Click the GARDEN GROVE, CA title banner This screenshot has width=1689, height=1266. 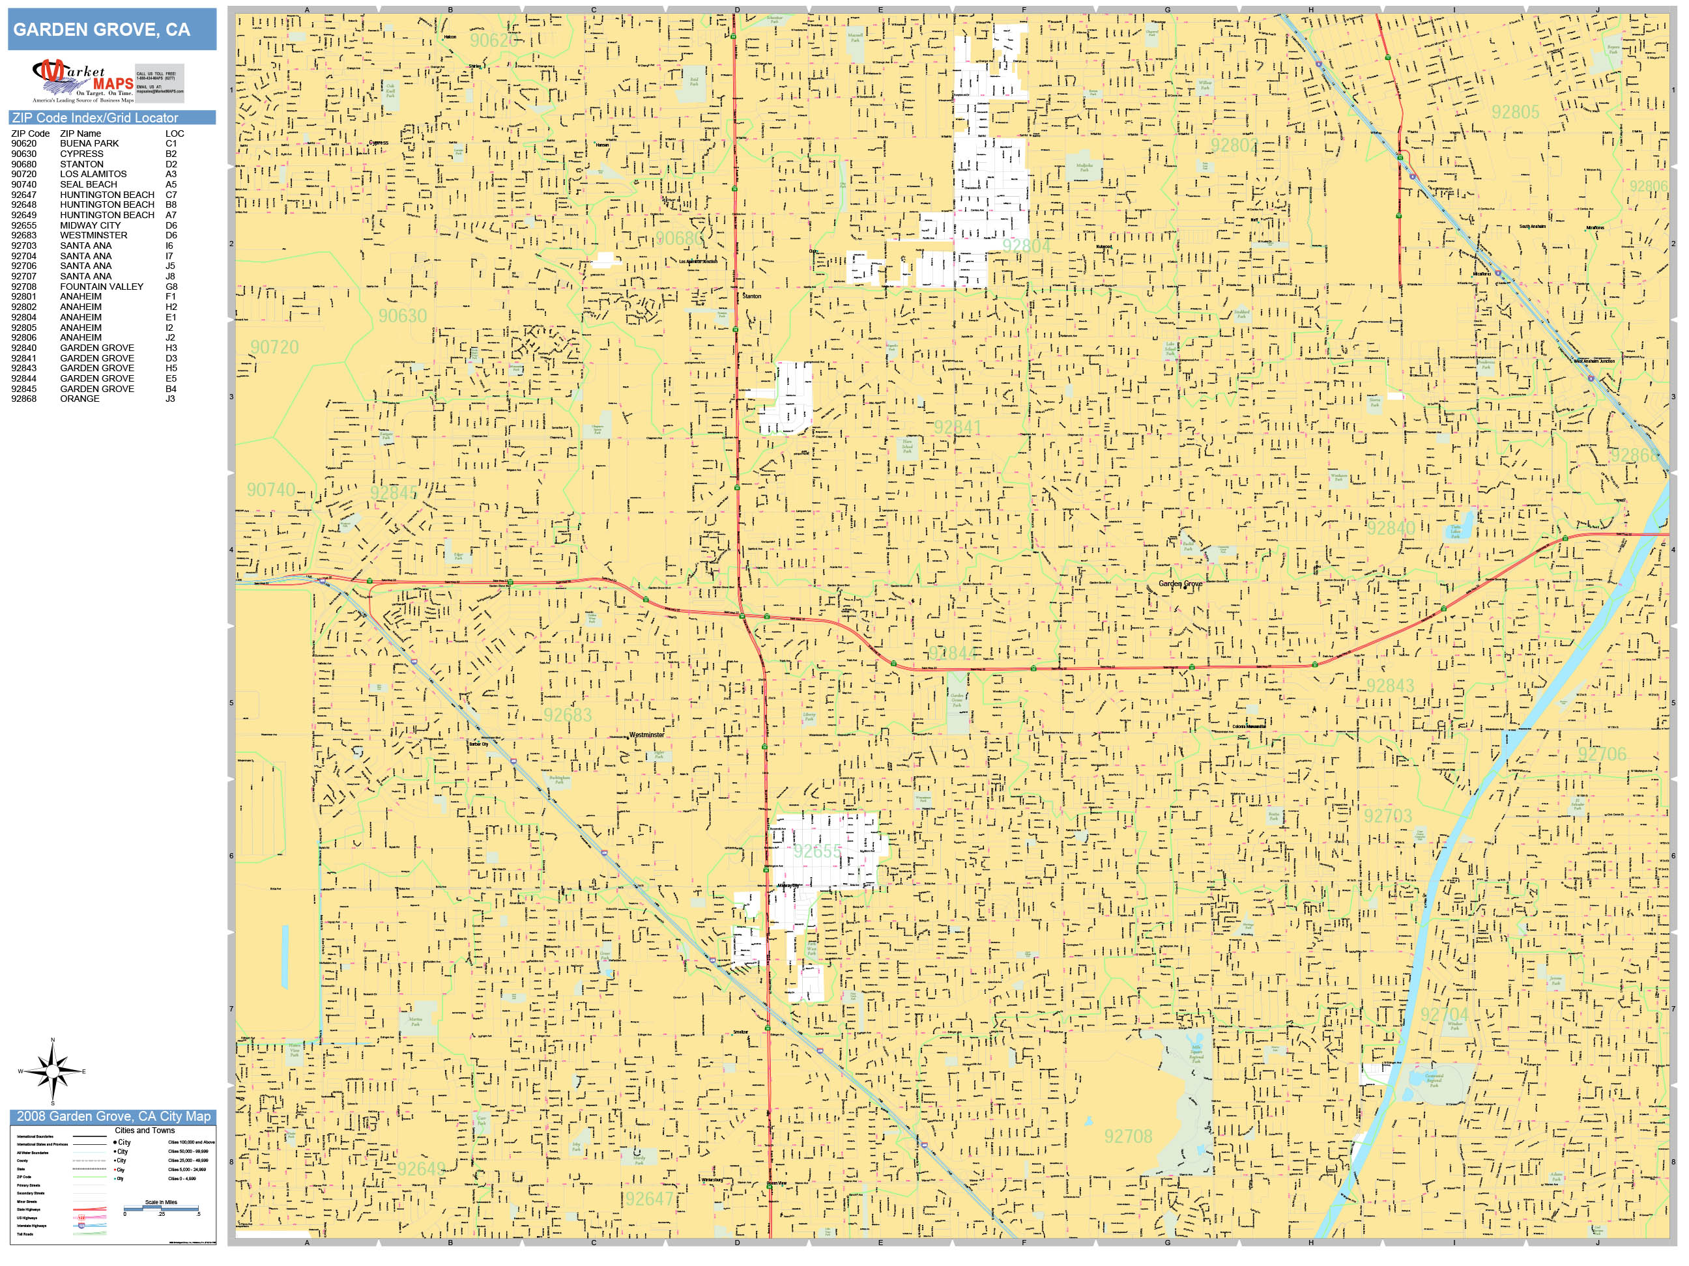tap(111, 30)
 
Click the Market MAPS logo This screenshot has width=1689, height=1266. tap(83, 81)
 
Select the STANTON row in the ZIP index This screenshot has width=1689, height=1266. tap(81, 164)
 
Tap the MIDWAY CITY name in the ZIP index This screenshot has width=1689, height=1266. tap(90, 225)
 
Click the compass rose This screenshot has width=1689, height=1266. tap(53, 1071)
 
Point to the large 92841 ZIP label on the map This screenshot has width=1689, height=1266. tap(957, 427)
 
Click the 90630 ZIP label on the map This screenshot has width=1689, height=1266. tap(403, 315)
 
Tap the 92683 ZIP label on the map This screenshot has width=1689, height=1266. tap(568, 714)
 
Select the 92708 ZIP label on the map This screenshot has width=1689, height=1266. tap(1128, 1136)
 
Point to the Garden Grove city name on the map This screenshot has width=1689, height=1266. tap(1181, 584)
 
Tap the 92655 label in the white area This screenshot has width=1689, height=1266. tap(817, 851)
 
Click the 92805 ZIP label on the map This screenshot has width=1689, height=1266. tap(1516, 112)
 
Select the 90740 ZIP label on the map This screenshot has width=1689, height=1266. tap(271, 489)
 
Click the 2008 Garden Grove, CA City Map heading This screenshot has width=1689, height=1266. tap(113, 1116)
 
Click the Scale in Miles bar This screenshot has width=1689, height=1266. tap(160, 1208)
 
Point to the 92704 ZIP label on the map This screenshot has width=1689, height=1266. tap(1444, 1015)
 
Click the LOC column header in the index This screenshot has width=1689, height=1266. tap(174, 134)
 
